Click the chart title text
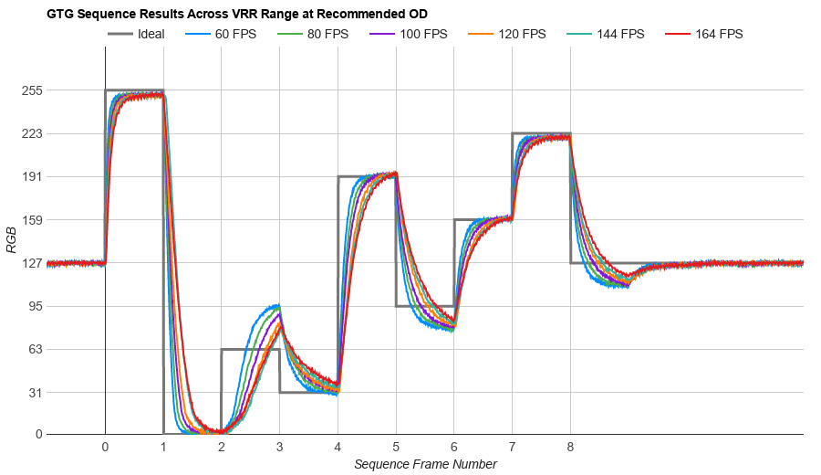pyautogui.click(x=237, y=15)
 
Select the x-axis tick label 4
pyautogui.click(x=338, y=447)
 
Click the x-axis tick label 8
pyautogui.click(x=570, y=447)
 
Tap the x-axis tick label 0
pyautogui.click(x=105, y=447)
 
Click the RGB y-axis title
pyautogui.click(x=11, y=239)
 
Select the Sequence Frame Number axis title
pyautogui.click(x=425, y=464)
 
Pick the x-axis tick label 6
pyautogui.click(x=453, y=447)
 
